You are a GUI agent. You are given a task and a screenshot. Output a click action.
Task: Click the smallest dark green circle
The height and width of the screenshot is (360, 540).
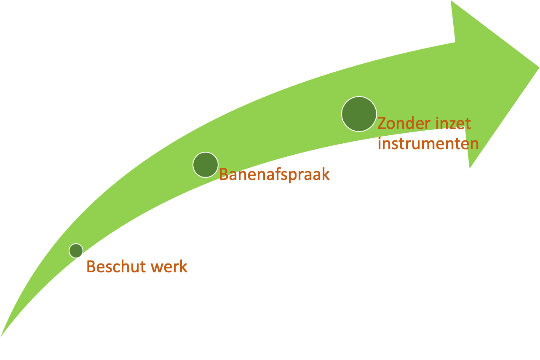tap(76, 251)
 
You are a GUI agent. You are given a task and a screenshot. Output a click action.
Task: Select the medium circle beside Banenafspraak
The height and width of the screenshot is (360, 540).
tap(206, 165)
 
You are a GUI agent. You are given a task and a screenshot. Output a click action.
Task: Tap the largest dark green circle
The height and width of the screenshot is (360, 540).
tap(359, 114)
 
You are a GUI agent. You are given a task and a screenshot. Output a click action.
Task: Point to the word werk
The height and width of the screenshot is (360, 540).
tap(169, 266)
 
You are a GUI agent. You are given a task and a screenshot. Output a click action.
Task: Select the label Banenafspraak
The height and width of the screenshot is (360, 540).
tap(274, 175)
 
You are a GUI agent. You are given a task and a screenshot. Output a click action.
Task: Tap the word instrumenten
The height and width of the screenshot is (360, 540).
tap(428, 144)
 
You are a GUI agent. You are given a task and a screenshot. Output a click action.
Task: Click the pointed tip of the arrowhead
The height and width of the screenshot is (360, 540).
tap(539, 67)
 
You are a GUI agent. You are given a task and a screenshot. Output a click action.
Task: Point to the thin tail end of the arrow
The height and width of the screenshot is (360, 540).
tap(1, 336)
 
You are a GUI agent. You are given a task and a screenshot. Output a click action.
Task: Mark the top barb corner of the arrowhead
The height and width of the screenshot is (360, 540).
tap(451, 0)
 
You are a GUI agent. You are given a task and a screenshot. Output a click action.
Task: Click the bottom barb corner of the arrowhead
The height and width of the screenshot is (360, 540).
tap(470, 168)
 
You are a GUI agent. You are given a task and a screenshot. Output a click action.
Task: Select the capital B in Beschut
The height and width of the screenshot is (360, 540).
tap(91, 266)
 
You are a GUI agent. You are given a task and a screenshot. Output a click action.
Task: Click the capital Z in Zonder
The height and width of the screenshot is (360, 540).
tap(382, 124)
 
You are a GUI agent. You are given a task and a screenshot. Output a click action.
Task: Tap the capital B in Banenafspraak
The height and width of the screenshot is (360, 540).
tap(224, 174)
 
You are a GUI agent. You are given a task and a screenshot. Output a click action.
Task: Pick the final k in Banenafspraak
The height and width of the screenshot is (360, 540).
tap(325, 174)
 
